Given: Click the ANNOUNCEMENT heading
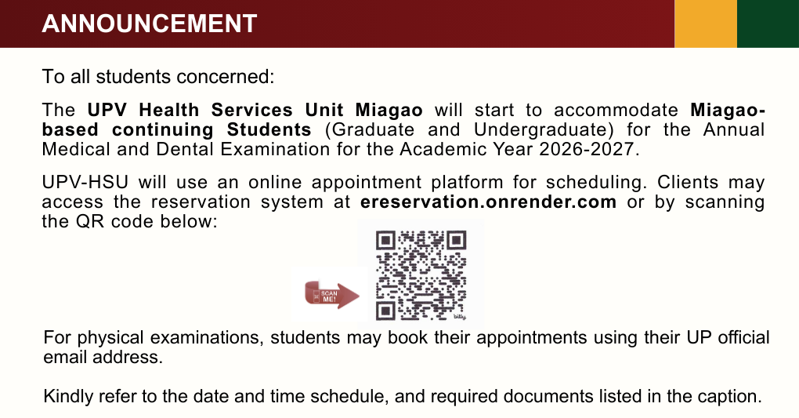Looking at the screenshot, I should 150,24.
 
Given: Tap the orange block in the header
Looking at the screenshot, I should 706,24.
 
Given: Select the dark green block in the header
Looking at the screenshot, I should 768,24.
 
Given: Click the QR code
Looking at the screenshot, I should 421,274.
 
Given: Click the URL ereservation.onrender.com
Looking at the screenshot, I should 488,202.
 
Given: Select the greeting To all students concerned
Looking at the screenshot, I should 159,77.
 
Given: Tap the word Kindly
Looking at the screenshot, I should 67,396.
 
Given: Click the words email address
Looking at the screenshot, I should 103,358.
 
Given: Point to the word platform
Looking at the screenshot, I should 467,183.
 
